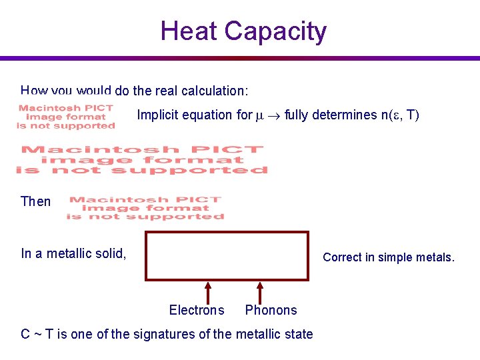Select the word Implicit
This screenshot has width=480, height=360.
[x=157, y=115]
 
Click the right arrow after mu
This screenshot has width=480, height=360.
[x=274, y=115]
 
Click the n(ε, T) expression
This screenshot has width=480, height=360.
[x=399, y=115]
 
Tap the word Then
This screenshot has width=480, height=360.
[x=35, y=201]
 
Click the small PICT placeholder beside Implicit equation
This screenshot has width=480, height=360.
[x=66, y=116]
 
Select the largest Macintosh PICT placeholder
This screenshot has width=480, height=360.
[x=141, y=160]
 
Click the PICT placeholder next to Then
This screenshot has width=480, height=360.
[x=145, y=208]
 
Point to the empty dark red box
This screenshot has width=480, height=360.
[x=227, y=256]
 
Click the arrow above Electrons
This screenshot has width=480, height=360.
[x=208, y=291]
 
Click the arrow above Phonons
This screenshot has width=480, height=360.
[x=259, y=291]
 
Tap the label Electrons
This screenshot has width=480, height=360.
[x=197, y=310]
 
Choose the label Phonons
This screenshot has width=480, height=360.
[x=271, y=310]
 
